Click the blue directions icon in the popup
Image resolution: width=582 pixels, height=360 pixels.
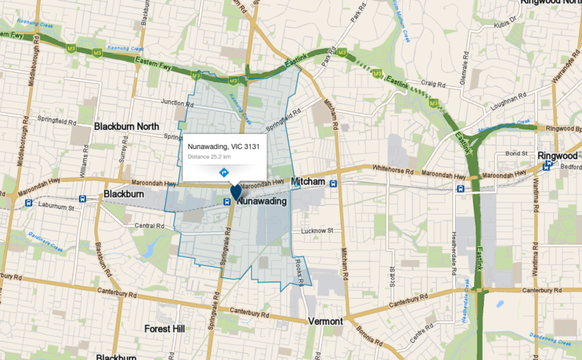[x=224, y=172]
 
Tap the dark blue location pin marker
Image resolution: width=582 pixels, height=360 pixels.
[x=236, y=191]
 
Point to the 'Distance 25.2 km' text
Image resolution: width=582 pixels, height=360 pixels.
[x=210, y=156]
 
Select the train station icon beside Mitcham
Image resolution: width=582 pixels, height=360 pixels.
[x=334, y=183]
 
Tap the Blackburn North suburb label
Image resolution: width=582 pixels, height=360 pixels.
[x=126, y=126]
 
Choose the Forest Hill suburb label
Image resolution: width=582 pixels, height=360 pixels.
[x=164, y=329]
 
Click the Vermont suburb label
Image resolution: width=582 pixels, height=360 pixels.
[x=325, y=321]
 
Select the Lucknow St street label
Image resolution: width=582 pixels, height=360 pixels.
[x=316, y=231]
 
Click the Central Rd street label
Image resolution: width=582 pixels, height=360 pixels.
[x=149, y=226]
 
